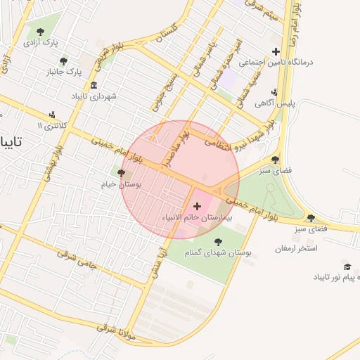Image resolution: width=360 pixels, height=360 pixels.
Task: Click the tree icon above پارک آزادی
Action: click(41, 31)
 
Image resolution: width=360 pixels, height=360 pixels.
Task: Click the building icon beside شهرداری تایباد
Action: click(94, 86)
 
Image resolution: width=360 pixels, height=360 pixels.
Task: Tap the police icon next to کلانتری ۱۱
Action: click(52, 115)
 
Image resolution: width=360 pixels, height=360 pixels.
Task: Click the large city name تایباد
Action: click(12, 142)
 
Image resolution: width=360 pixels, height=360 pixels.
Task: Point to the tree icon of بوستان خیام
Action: click(121, 173)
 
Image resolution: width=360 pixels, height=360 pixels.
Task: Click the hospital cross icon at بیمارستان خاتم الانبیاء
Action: click(197, 206)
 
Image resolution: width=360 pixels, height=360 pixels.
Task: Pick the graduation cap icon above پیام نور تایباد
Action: click(347, 267)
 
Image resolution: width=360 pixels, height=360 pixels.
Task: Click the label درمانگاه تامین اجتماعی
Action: click(276, 62)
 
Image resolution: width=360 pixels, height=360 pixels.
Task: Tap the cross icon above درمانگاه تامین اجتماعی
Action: click(276, 51)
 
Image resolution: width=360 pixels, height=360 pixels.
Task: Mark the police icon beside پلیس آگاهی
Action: click(274, 92)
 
